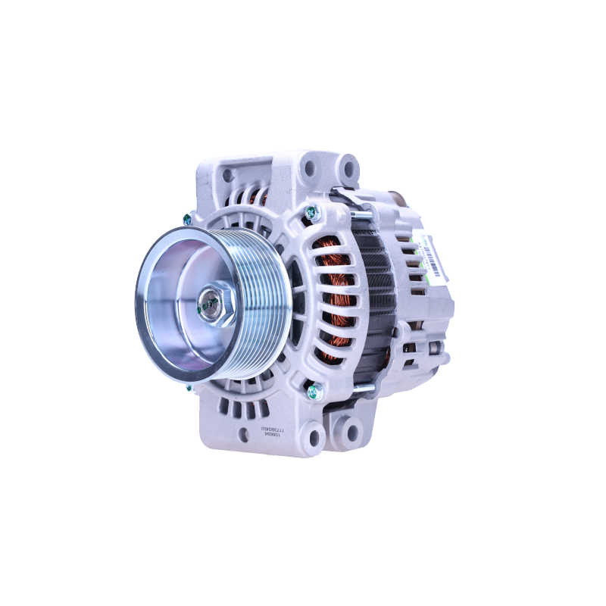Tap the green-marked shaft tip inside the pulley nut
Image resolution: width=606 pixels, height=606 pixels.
[x=207, y=307]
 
